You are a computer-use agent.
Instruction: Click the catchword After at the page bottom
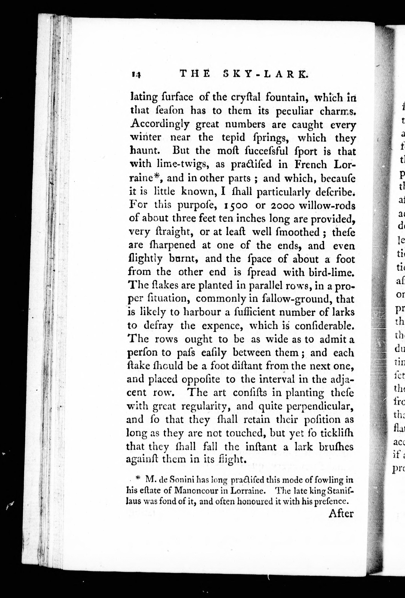coord(341,513)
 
